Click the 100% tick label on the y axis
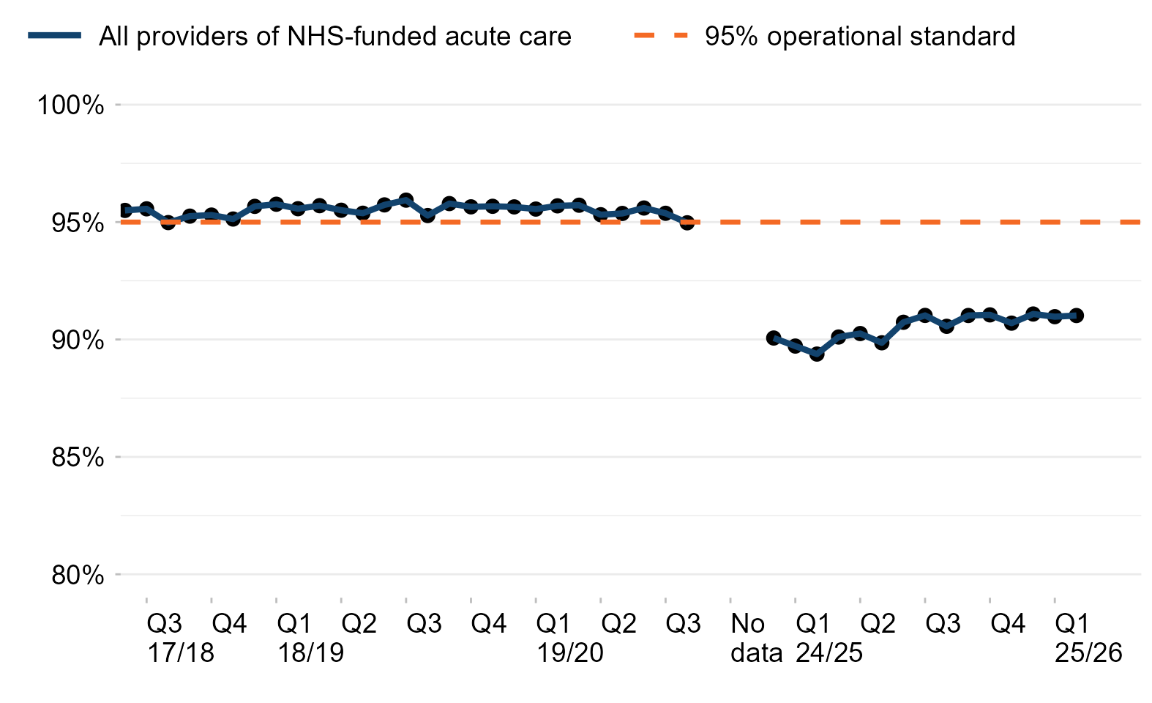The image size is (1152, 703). (x=70, y=105)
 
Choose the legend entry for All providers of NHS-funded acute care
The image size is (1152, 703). (x=334, y=36)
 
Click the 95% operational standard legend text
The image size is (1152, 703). (x=860, y=36)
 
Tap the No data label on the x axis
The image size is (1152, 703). (x=756, y=638)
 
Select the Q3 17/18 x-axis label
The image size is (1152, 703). (x=180, y=638)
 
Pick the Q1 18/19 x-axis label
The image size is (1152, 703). (x=310, y=638)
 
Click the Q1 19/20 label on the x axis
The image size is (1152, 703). (x=569, y=638)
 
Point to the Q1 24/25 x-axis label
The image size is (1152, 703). (x=829, y=638)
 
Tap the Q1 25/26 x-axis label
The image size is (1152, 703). (x=1088, y=638)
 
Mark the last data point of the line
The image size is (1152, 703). (x=1076, y=315)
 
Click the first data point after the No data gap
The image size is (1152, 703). (x=774, y=338)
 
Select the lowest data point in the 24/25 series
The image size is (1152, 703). (x=817, y=354)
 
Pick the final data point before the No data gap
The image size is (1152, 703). (x=687, y=222)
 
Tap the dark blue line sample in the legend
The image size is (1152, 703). (x=55, y=36)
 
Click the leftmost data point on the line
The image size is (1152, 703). (x=124, y=210)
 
